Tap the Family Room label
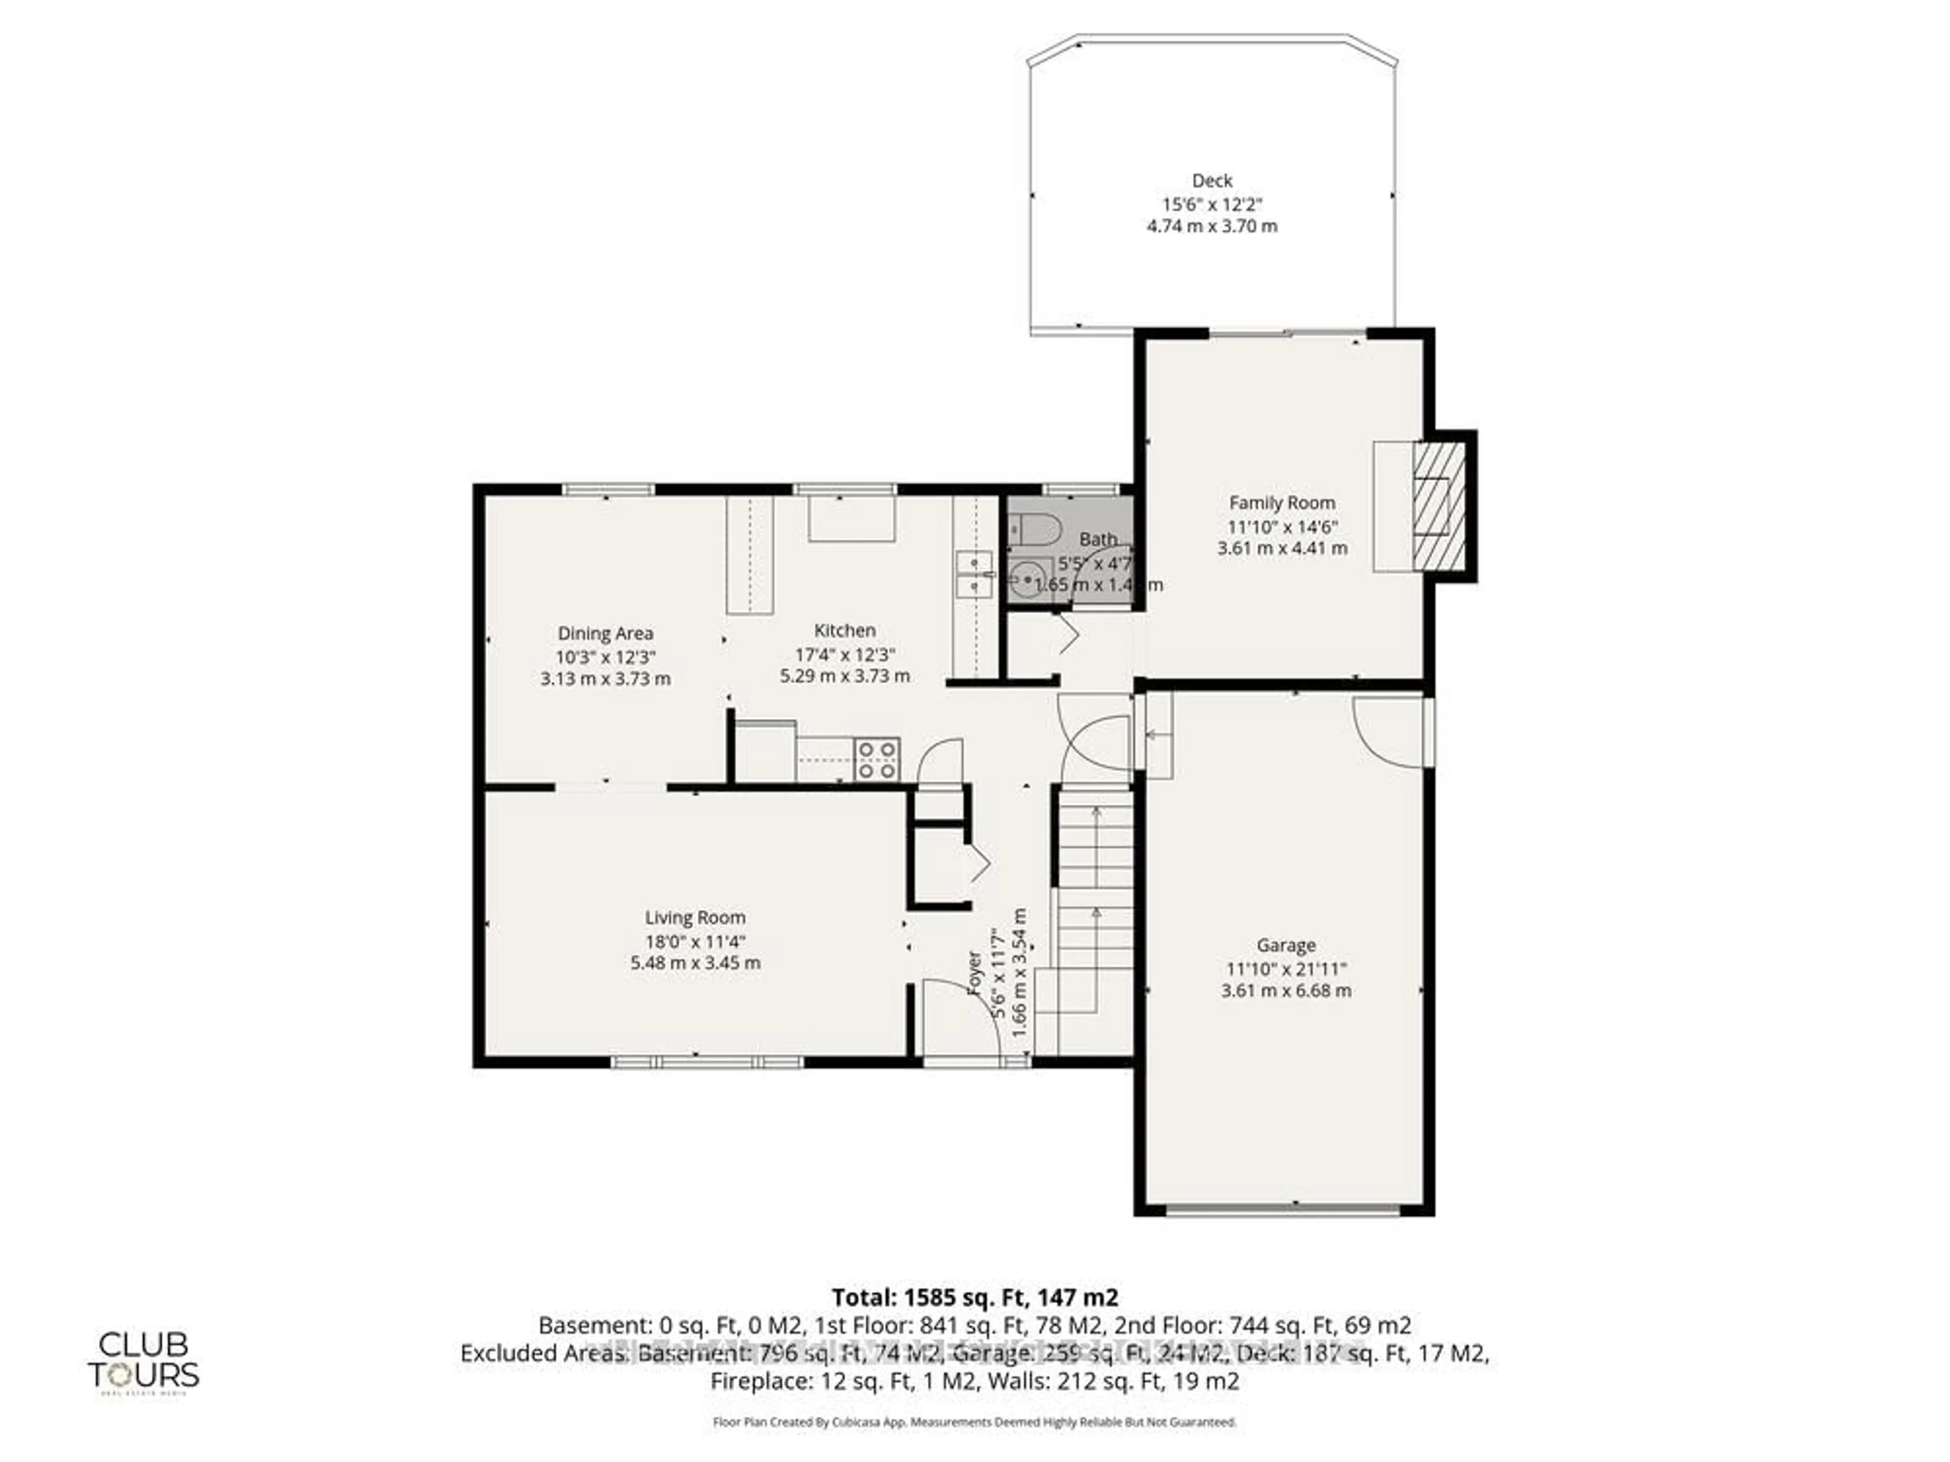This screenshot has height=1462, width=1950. tap(1282, 503)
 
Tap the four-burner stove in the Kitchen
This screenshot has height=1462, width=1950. tap(877, 759)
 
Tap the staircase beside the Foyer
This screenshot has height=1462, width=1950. tap(1093, 916)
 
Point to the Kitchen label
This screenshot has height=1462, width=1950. tap(844, 630)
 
